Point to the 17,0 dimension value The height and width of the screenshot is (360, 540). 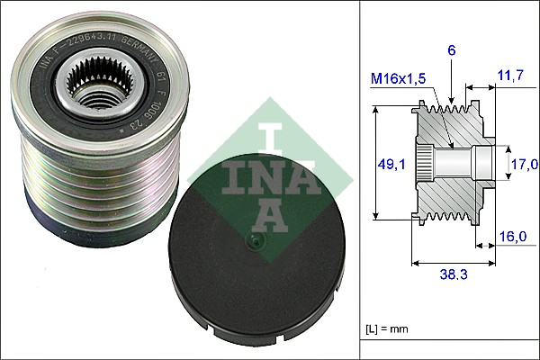524,164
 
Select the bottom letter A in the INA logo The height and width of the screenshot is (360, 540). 269,214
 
